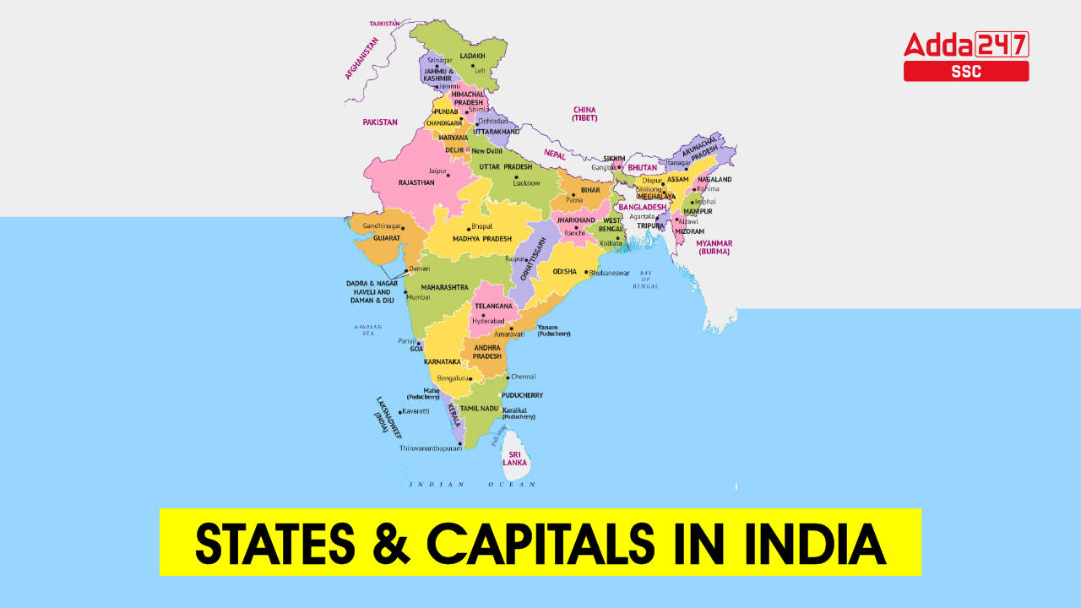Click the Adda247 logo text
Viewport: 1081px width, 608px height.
(x=966, y=44)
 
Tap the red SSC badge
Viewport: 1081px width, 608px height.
(x=966, y=72)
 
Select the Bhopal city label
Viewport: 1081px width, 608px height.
(x=481, y=227)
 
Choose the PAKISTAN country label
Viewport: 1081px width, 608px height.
(x=380, y=122)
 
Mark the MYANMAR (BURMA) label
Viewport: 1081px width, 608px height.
(x=714, y=247)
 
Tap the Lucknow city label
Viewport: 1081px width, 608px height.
(x=526, y=183)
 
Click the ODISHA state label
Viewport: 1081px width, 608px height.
(x=564, y=272)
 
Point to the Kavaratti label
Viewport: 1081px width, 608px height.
(x=416, y=411)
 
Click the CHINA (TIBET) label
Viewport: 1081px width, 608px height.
(x=584, y=114)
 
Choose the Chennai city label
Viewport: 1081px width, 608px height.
(x=524, y=377)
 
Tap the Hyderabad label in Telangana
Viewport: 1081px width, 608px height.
(x=487, y=322)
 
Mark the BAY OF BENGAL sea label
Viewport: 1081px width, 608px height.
(x=646, y=280)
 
